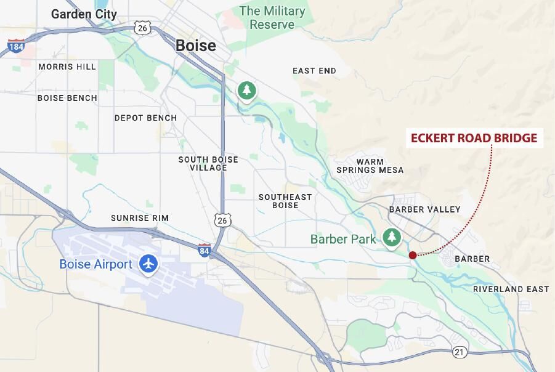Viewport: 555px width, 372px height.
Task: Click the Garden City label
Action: pyautogui.click(x=84, y=14)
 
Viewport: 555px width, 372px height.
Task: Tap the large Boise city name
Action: pyautogui.click(x=196, y=46)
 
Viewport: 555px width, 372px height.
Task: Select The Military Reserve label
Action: pyautogui.click(x=272, y=18)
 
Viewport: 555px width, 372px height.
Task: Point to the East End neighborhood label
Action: pyautogui.click(x=314, y=71)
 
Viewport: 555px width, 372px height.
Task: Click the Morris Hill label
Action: pyautogui.click(x=67, y=67)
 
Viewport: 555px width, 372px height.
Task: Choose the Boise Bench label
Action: pyautogui.click(x=67, y=98)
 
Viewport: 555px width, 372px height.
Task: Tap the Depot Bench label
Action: pyautogui.click(x=145, y=118)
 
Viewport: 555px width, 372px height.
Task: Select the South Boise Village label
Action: pyautogui.click(x=208, y=163)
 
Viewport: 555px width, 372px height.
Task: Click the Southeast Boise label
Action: pyautogui.click(x=285, y=201)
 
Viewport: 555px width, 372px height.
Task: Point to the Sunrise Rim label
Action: pyautogui.click(x=140, y=218)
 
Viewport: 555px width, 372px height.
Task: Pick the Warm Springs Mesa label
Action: pyautogui.click(x=370, y=166)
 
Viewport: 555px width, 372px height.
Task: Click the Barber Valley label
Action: pyautogui.click(x=424, y=209)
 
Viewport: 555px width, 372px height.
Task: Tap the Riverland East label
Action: pyautogui.click(x=511, y=289)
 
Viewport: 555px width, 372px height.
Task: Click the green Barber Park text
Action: pyautogui.click(x=343, y=239)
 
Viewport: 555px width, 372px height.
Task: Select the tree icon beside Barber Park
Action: pyautogui.click(x=391, y=238)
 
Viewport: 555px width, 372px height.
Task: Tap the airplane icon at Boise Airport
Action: pyautogui.click(x=148, y=264)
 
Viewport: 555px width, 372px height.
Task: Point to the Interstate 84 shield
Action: pyautogui.click(x=205, y=249)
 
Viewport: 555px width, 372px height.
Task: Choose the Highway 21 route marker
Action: pyautogui.click(x=460, y=352)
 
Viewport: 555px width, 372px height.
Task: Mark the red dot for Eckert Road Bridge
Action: pyautogui.click(x=412, y=255)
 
